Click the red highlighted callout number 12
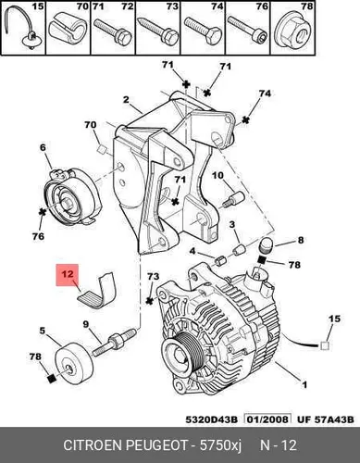pos(68,274)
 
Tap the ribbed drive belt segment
pos(97,291)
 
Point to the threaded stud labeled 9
pos(114,343)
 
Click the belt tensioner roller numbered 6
pos(73,197)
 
